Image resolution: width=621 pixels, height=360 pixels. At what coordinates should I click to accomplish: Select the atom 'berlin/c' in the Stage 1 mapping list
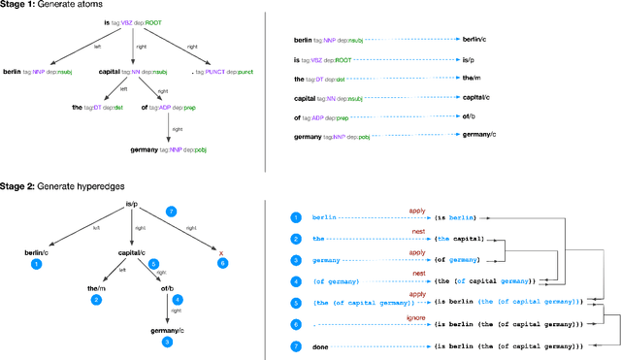pos(474,39)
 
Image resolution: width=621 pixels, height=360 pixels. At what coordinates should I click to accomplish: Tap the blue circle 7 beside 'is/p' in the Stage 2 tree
pos(171,211)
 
